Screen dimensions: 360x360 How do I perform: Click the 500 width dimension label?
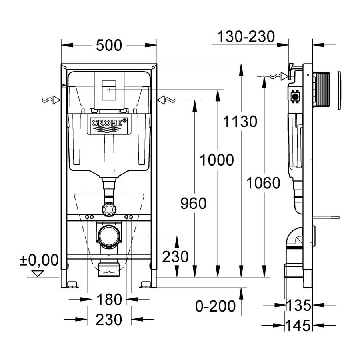[x=109, y=45]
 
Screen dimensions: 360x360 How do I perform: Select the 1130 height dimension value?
[x=240, y=121]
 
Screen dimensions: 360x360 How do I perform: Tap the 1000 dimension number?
[x=216, y=160]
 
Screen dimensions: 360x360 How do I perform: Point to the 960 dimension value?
[x=193, y=204]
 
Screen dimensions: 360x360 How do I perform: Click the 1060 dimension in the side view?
[x=263, y=183]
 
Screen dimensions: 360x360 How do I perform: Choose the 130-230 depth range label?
[x=246, y=37]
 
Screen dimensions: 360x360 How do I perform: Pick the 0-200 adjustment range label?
[x=215, y=306]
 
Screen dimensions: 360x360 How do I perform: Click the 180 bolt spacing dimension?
[x=109, y=299]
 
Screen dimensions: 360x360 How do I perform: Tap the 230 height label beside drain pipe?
[x=175, y=256]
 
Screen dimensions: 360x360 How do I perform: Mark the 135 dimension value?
[x=298, y=306]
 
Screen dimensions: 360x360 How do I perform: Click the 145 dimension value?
[x=298, y=326]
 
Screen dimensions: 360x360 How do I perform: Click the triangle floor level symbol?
[x=38, y=274]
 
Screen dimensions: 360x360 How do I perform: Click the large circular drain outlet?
[x=109, y=236]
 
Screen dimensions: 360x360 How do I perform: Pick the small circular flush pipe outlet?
[x=109, y=209]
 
